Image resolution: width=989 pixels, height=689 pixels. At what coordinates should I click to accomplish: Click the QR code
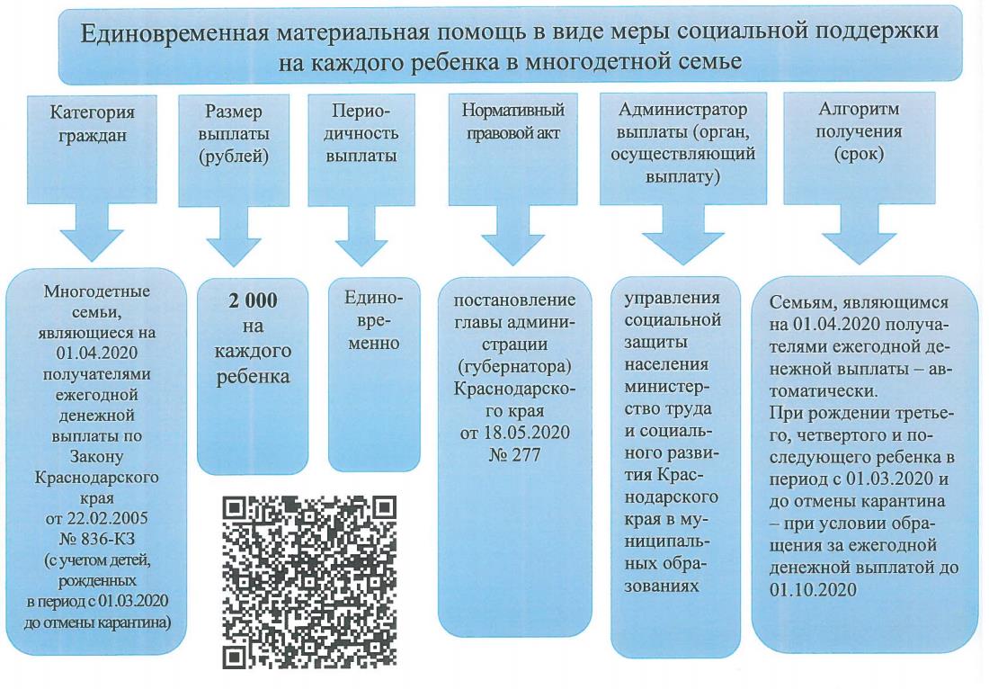coord(308,581)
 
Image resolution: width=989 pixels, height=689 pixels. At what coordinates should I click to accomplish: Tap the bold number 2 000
coord(253,300)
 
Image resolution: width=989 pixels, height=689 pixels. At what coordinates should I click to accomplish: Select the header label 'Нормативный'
coord(513,111)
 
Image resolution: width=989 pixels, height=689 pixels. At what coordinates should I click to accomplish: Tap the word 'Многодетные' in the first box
coord(97,291)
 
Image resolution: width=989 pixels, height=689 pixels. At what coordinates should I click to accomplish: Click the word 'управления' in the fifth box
coord(672,298)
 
